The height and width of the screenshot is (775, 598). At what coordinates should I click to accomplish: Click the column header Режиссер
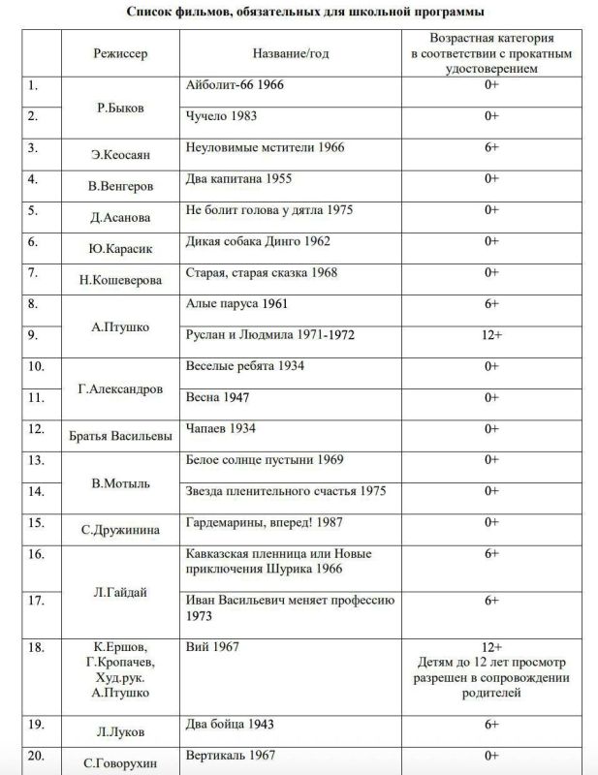(120, 52)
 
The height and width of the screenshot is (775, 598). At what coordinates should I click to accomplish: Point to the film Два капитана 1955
(238, 178)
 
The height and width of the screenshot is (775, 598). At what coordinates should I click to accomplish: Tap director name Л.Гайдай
(120, 592)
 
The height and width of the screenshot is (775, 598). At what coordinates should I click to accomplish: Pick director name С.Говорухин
(120, 762)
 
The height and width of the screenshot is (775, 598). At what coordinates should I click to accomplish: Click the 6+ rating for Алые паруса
(491, 303)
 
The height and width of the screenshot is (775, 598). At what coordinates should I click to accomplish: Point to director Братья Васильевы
(120, 434)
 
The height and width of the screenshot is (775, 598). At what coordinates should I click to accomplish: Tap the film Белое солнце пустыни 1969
(264, 459)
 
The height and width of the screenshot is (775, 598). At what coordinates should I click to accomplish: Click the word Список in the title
(151, 13)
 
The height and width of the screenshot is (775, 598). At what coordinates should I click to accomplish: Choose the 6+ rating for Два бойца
(491, 724)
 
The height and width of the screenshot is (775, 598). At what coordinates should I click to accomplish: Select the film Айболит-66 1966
(234, 84)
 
